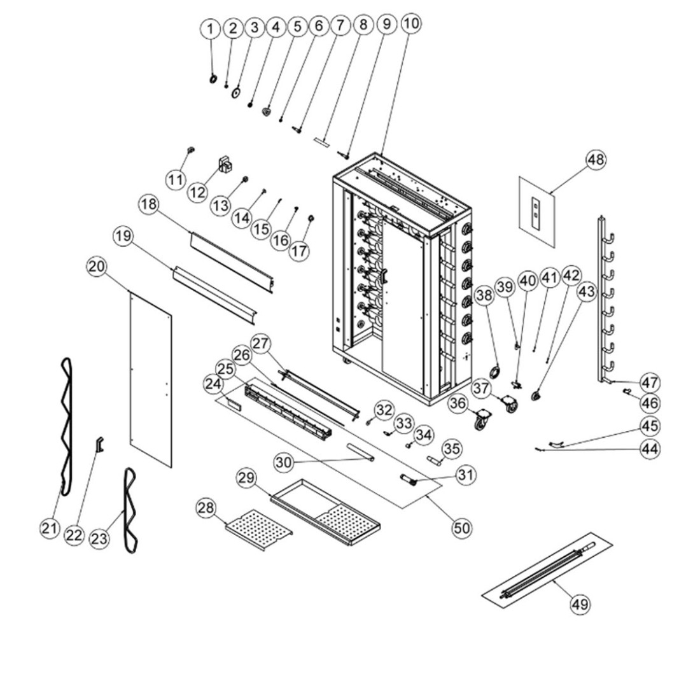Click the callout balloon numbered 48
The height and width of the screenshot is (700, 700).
pos(596,159)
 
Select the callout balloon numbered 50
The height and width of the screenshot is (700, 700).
pos(462,527)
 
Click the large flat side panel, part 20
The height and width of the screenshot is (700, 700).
pos(150,379)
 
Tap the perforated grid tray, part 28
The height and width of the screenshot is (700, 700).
pos(258,529)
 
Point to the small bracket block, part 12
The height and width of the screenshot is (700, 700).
pos(226,164)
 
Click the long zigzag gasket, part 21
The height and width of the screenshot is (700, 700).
pos(66,426)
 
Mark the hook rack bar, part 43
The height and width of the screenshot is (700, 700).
pos(603,299)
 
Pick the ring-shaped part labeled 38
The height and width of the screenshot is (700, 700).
pos(494,372)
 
